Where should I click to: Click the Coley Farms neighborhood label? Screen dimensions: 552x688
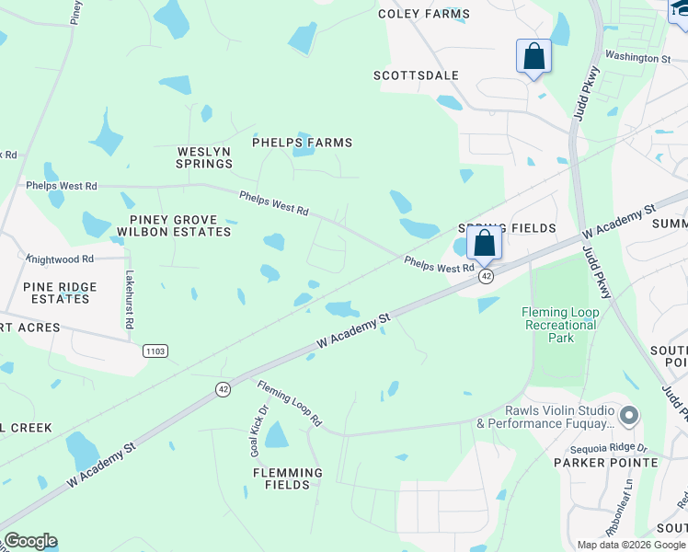tap(424, 14)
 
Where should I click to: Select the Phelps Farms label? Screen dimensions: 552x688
tap(303, 143)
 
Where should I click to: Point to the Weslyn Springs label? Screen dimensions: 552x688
tap(204, 157)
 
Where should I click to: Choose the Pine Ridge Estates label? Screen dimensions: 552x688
tap(59, 293)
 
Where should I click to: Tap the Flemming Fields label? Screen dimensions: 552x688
tap(288, 478)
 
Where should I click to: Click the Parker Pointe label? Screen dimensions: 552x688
tap(607, 463)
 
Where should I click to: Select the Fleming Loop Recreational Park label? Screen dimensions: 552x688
tap(560, 325)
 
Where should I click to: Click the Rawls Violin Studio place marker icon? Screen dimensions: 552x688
tap(628, 416)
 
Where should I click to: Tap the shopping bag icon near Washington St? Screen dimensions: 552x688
tap(533, 57)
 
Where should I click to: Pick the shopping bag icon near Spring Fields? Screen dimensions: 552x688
tap(484, 244)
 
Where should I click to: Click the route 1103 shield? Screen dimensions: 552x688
tap(155, 351)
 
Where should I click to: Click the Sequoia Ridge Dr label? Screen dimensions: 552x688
tap(608, 449)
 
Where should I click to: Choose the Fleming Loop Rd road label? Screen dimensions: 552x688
tap(289, 403)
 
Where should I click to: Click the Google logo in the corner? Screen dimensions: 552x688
tap(29, 541)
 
